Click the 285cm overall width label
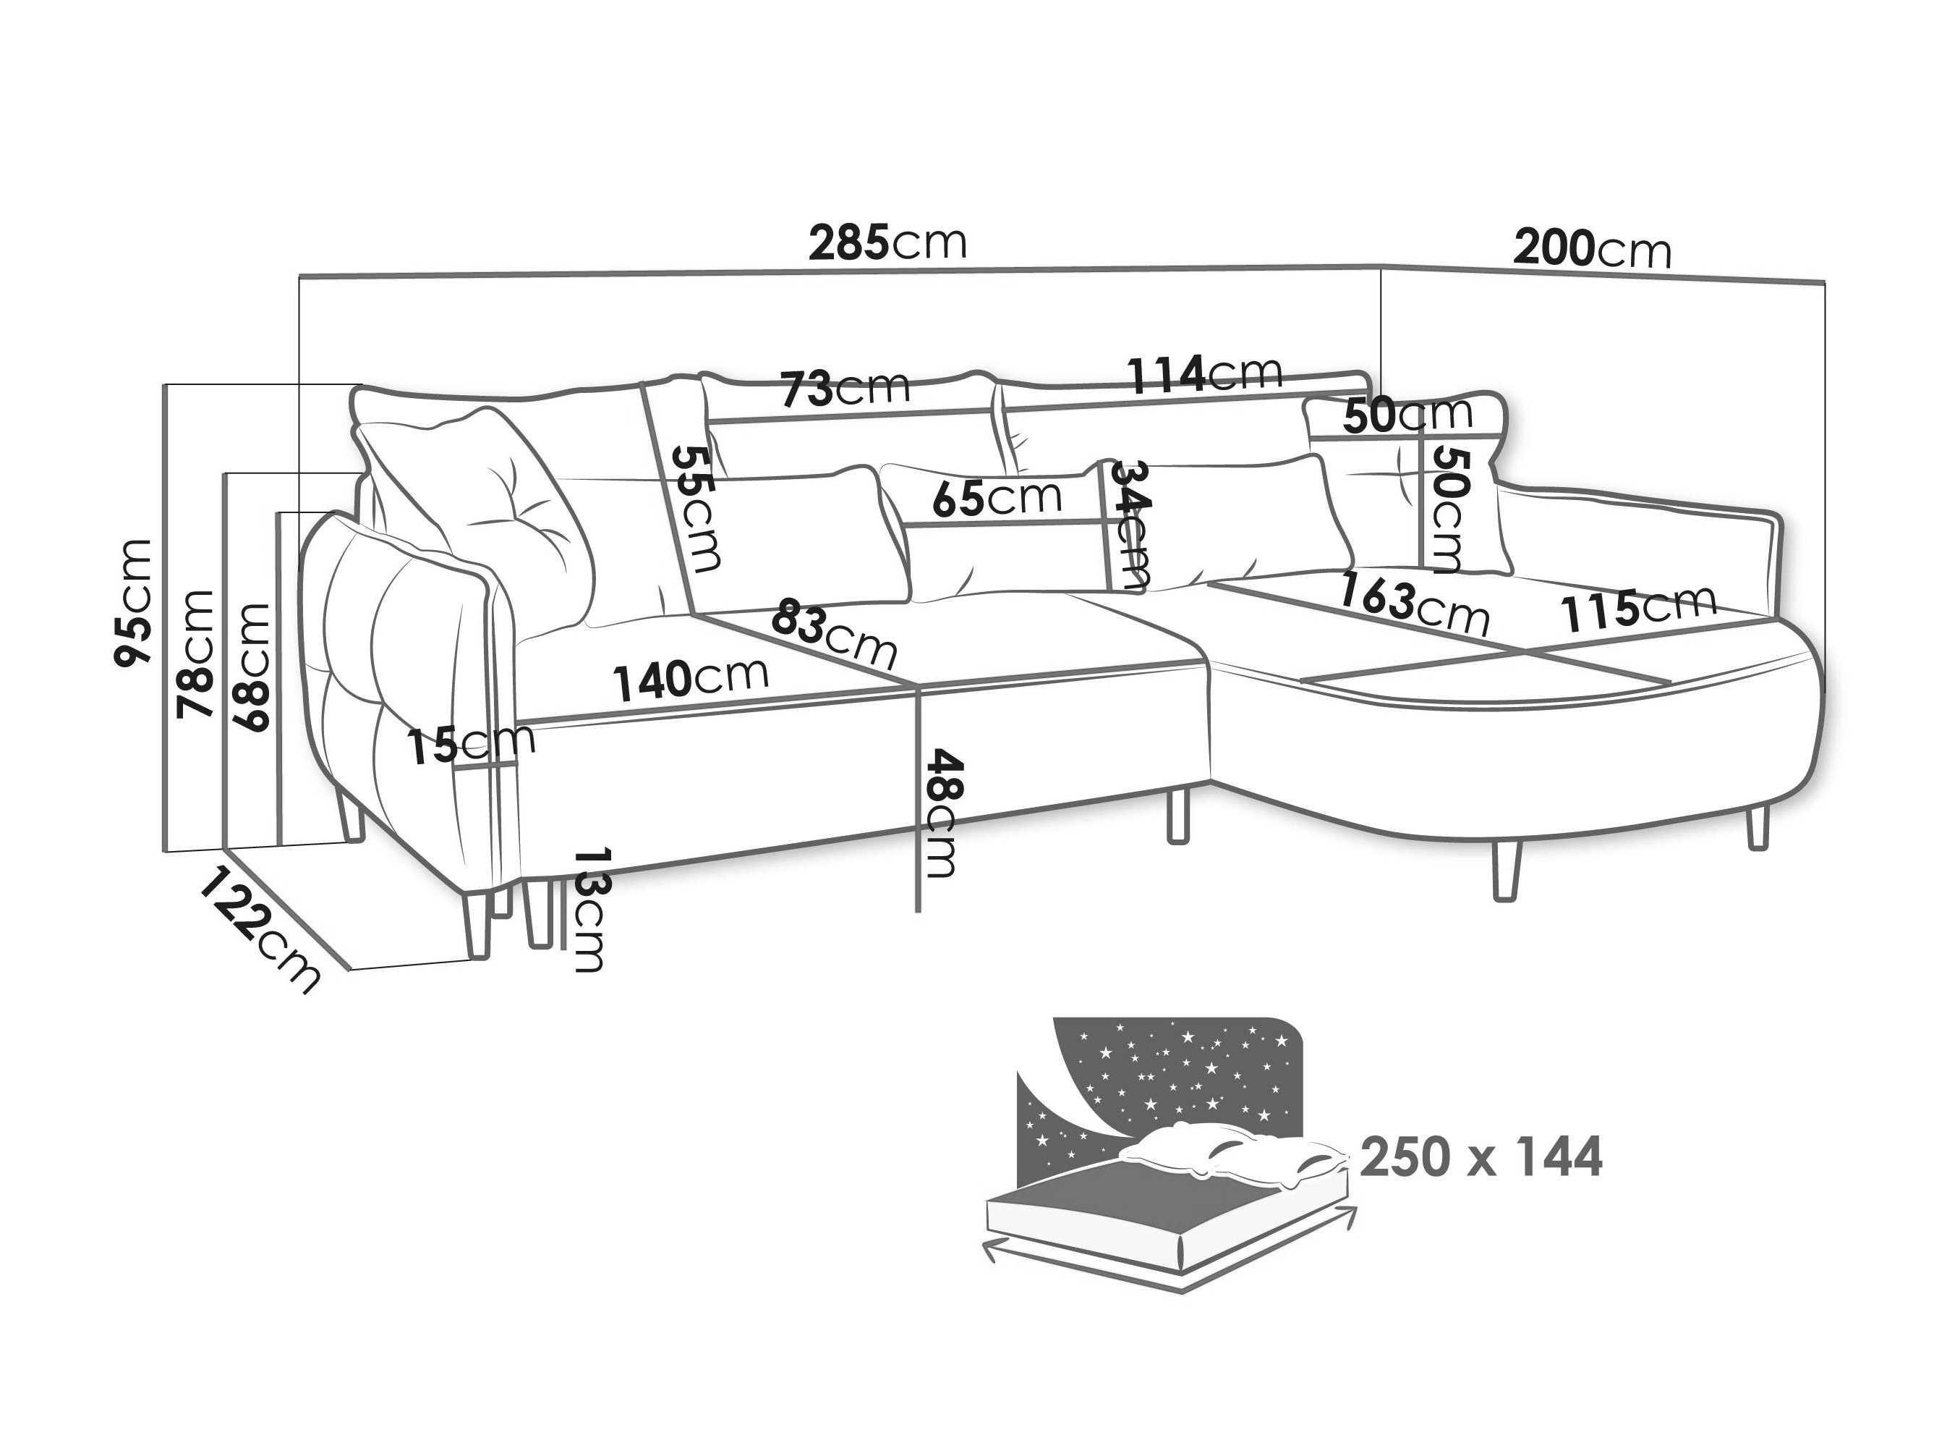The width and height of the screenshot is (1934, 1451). pyautogui.click(x=887, y=243)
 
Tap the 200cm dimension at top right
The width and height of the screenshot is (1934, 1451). pyautogui.click(x=1591, y=249)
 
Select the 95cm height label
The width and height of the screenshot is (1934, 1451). pyautogui.click(x=135, y=603)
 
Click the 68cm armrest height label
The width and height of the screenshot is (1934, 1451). pyautogui.click(x=250, y=667)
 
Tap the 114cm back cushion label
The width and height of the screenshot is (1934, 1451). pyautogui.click(x=1205, y=374)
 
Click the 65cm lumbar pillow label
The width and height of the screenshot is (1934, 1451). pyautogui.click(x=997, y=499)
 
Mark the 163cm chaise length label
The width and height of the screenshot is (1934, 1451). pyautogui.click(x=1414, y=604)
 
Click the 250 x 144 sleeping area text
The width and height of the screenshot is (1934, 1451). pyautogui.click(x=1481, y=1157)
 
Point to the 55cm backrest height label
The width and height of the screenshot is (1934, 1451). pyautogui.click(x=696, y=509)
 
